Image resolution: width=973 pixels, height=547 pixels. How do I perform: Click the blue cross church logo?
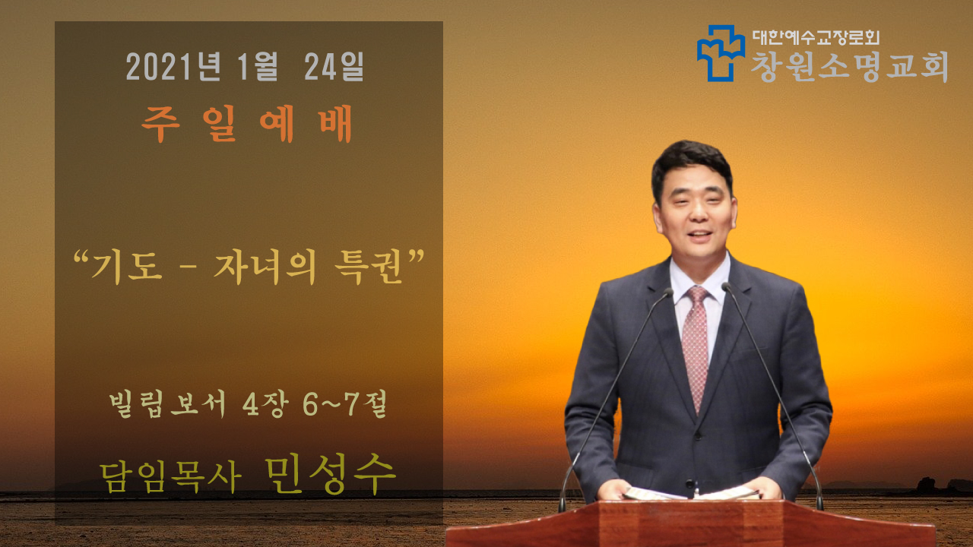pyautogui.click(x=721, y=53)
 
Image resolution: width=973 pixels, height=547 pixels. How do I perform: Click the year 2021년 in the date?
pyautogui.click(x=173, y=67)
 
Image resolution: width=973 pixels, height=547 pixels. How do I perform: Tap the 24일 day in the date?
pyautogui.click(x=334, y=67)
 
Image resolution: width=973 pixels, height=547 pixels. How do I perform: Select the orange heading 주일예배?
pyautogui.click(x=247, y=125)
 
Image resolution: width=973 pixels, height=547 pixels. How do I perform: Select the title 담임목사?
pyautogui.click(x=170, y=476)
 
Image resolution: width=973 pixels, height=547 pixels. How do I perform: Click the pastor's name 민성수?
pyautogui.click(x=330, y=474)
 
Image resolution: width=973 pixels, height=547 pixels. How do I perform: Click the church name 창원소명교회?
pyautogui.click(x=850, y=66)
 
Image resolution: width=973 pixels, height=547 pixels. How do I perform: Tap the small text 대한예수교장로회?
pyautogui.click(x=816, y=36)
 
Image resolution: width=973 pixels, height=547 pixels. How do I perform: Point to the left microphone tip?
pyautogui.click(x=669, y=292)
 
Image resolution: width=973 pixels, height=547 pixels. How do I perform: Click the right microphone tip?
pyautogui.click(x=726, y=286)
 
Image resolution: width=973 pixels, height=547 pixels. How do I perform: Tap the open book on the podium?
pyautogui.click(x=692, y=493)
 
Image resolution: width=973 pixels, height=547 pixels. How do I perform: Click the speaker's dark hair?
pyautogui.click(x=691, y=163)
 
